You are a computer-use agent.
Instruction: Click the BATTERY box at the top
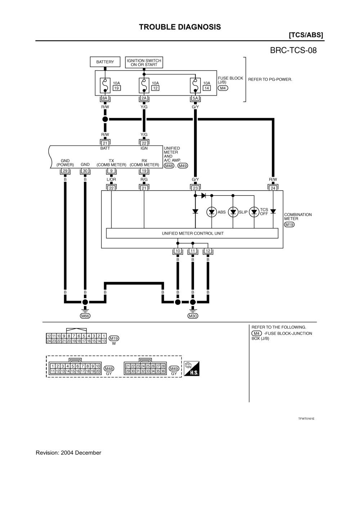pyautogui.click(x=105, y=62)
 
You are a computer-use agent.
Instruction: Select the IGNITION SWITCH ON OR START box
pyautogui.click(x=144, y=63)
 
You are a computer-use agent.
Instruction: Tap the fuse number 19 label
pyautogui.click(x=116, y=88)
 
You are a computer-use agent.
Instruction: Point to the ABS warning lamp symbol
pyautogui.click(x=212, y=212)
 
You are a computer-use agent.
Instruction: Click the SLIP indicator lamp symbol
pyautogui.click(x=233, y=212)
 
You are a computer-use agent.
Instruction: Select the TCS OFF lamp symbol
pyautogui.click(x=255, y=212)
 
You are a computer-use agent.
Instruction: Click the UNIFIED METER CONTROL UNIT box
pyautogui.click(x=192, y=233)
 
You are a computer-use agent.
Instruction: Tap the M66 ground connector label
pyautogui.click(x=85, y=316)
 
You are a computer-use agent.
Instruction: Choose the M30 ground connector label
pyautogui.click(x=193, y=316)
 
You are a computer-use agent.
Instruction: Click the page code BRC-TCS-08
pyautogui.click(x=293, y=50)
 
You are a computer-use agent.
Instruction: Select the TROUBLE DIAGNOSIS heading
pyautogui.click(x=180, y=27)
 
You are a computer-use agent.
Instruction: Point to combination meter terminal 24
pyautogui.click(x=273, y=188)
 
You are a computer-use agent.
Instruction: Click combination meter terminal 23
pyautogui.click(x=195, y=188)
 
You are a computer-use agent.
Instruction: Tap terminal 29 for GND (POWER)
pyautogui.click(x=65, y=171)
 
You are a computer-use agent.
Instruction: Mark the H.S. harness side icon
pyautogui.click(x=192, y=369)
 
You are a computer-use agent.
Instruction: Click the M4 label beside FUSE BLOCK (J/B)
pyautogui.click(x=223, y=88)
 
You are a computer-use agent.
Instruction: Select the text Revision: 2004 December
pyautogui.click(x=68, y=453)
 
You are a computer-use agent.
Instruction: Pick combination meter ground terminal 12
pyautogui.click(x=208, y=251)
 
